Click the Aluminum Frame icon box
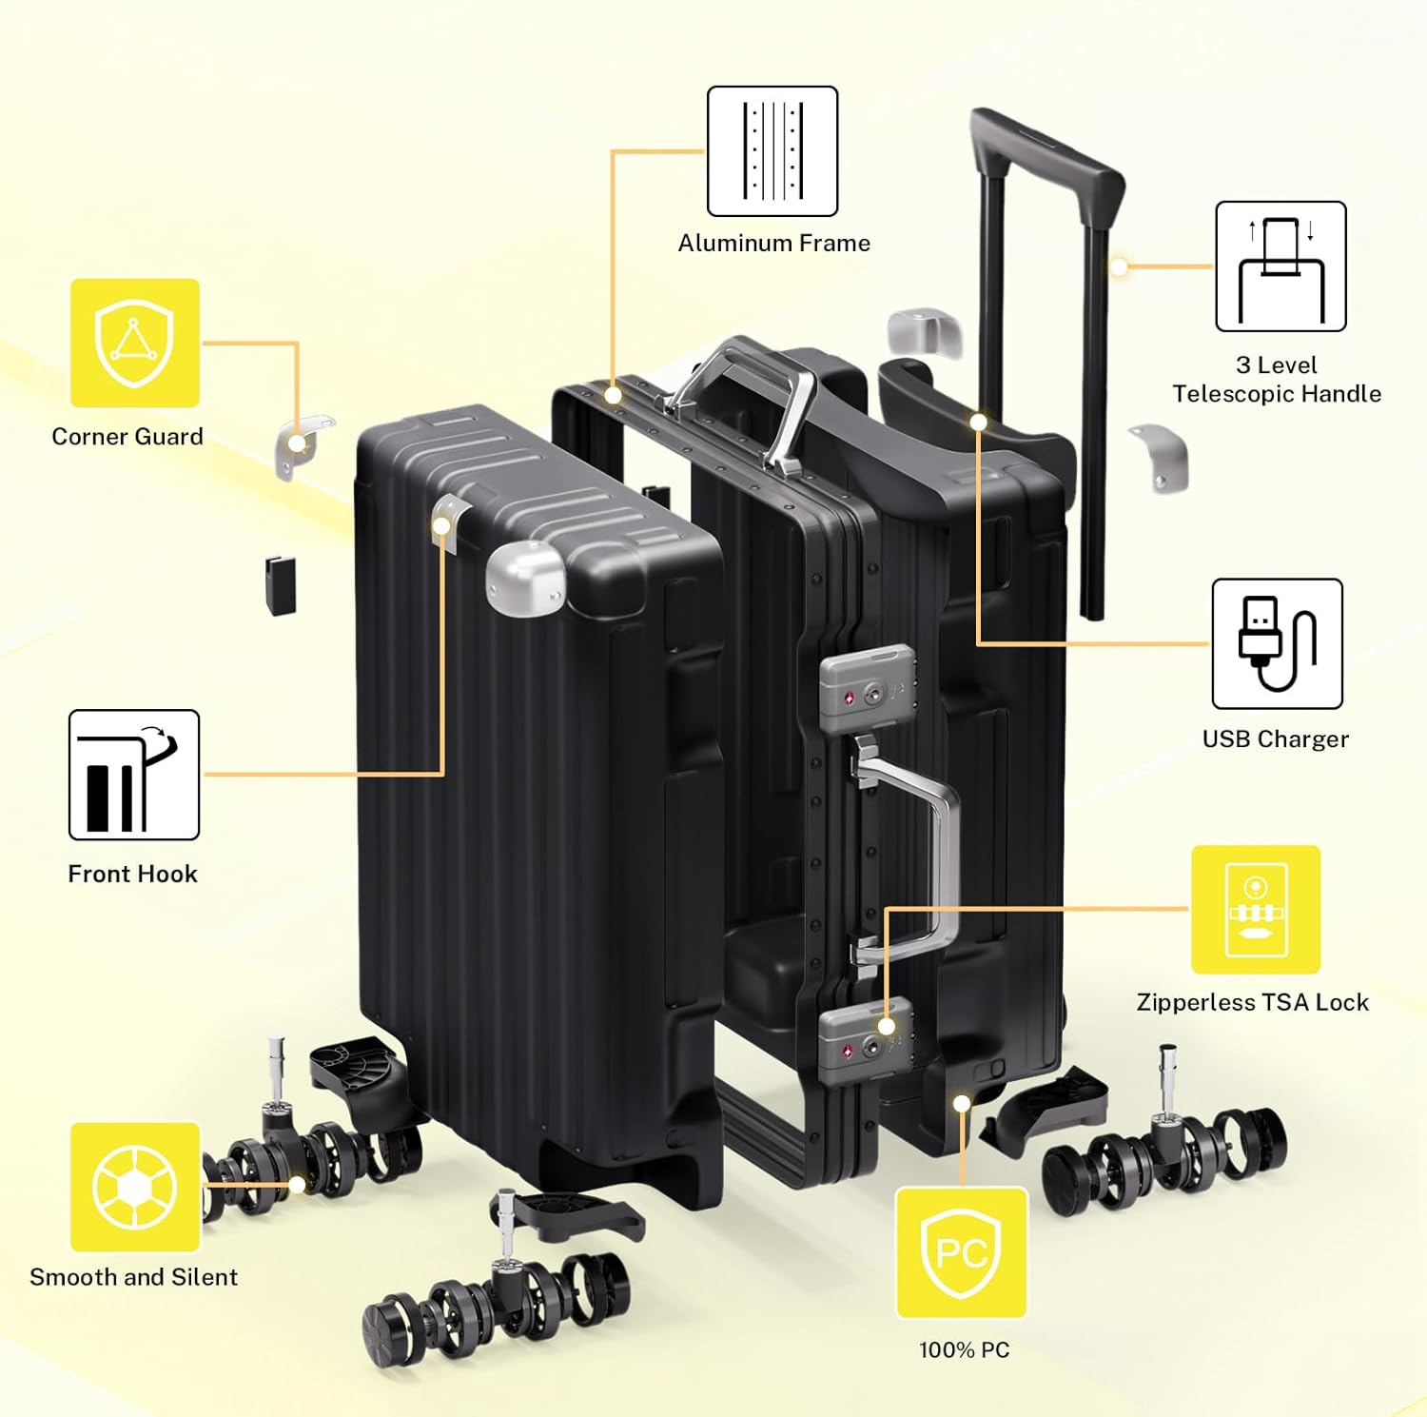(x=772, y=151)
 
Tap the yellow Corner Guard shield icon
(x=135, y=343)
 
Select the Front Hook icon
(x=134, y=775)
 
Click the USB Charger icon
(x=1277, y=643)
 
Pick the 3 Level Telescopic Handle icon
(x=1280, y=266)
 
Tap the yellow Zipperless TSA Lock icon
(x=1256, y=910)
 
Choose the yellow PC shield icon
(x=962, y=1252)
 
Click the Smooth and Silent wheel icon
(x=135, y=1187)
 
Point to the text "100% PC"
(x=964, y=1349)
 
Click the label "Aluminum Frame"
(x=773, y=244)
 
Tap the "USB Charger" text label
(x=1275, y=739)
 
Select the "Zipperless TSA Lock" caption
(x=1252, y=1002)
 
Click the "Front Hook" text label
(x=132, y=874)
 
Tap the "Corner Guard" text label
(x=127, y=437)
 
